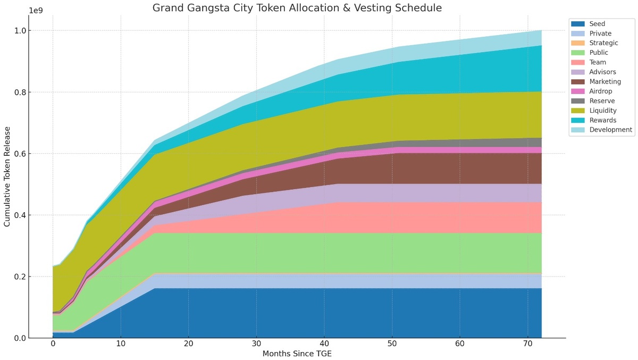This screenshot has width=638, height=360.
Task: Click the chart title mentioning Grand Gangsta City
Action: pyautogui.click(x=297, y=8)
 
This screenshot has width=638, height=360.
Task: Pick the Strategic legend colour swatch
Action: pyautogui.click(x=578, y=43)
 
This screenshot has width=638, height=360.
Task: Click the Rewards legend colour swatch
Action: pyautogui.click(x=578, y=120)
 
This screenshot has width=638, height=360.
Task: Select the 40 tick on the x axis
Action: pyautogui.click(x=324, y=344)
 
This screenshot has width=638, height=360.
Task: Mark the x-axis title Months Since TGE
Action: pyautogui.click(x=297, y=354)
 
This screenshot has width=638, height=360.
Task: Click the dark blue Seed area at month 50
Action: pyautogui.click(x=392, y=314)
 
